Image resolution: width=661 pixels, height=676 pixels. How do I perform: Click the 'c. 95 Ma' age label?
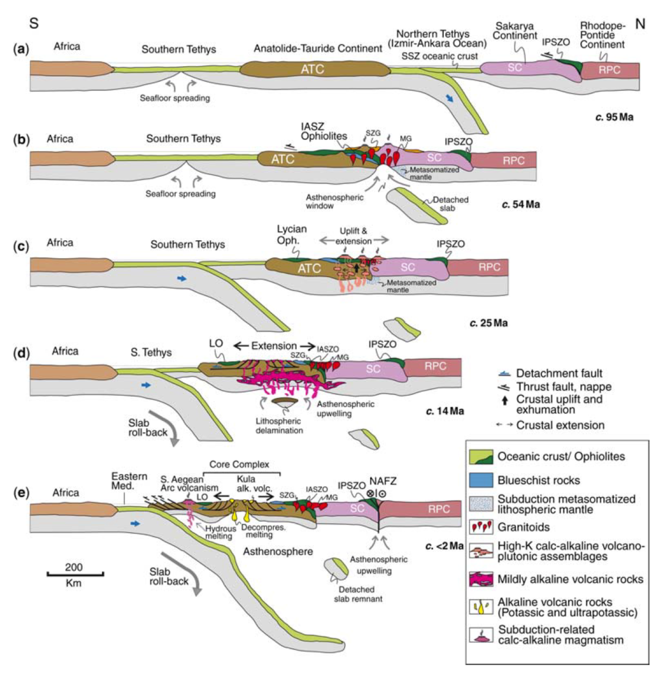point(614,117)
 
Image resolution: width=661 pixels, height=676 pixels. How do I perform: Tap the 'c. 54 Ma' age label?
point(521,204)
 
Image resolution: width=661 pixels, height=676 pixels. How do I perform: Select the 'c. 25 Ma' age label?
point(488,323)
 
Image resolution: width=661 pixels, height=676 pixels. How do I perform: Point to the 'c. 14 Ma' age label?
point(445,411)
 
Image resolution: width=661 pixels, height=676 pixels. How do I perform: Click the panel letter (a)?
point(21,49)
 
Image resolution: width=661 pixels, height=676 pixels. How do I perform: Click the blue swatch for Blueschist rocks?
point(481,480)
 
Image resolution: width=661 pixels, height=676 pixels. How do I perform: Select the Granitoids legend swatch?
point(481,527)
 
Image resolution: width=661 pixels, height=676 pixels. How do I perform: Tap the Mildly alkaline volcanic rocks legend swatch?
point(481,579)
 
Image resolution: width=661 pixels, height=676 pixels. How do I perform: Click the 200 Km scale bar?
point(75,574)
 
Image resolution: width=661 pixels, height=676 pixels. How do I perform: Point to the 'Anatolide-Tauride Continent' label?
point(318,48)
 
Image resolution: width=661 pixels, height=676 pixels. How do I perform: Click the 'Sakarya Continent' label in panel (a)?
point(515,31)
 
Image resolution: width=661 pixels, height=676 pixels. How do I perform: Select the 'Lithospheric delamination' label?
point(279,426)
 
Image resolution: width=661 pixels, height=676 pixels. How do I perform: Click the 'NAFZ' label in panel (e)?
point(383,481)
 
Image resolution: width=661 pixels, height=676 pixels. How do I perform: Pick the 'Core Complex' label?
point(239,464)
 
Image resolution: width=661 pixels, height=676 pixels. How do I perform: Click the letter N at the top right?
point(640,24)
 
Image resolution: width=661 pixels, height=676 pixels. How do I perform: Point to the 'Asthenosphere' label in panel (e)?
point(277,551)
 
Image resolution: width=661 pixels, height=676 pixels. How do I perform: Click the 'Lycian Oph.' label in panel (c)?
point(291,234)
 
